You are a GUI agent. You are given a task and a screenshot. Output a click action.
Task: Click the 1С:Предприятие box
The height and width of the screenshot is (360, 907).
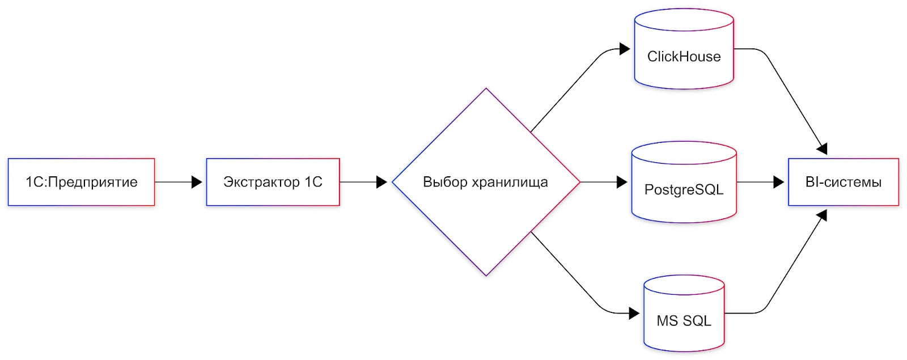pos(81,182)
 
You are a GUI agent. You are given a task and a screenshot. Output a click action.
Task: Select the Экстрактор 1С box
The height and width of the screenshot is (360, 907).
pos(273,182)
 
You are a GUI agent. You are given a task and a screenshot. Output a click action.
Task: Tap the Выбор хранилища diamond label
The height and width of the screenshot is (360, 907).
pos(485,182)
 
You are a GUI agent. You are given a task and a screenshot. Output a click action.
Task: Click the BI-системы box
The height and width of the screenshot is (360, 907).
pos(843,182)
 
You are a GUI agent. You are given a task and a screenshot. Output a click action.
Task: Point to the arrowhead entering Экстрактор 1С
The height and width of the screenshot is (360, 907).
pos(197,182)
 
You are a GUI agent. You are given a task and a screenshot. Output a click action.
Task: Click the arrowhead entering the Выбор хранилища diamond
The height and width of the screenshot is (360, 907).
pos(382,182)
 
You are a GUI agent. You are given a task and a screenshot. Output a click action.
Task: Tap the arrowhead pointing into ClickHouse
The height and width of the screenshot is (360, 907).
pos(625,49)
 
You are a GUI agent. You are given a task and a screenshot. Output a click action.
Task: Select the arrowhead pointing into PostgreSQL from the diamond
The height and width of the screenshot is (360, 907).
pos(622,182)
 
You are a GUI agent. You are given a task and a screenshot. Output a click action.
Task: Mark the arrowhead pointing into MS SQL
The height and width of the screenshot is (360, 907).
pos(634,313)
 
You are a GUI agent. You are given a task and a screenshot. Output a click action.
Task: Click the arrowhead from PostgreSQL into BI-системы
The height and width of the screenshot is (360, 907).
pos(778,182)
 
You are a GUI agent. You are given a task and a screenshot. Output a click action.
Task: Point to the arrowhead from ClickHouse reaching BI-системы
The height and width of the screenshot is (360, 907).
pos(823,149)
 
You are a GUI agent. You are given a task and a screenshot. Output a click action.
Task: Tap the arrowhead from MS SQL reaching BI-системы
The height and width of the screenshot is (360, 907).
pos(823,215)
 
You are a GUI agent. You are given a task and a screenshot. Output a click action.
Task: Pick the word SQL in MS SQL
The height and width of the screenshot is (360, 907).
pos(697,321)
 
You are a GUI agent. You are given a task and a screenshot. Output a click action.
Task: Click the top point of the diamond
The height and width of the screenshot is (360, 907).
pos(486,89)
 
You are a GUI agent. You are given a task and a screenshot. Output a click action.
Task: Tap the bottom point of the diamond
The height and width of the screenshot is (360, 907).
pos(486,276)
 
